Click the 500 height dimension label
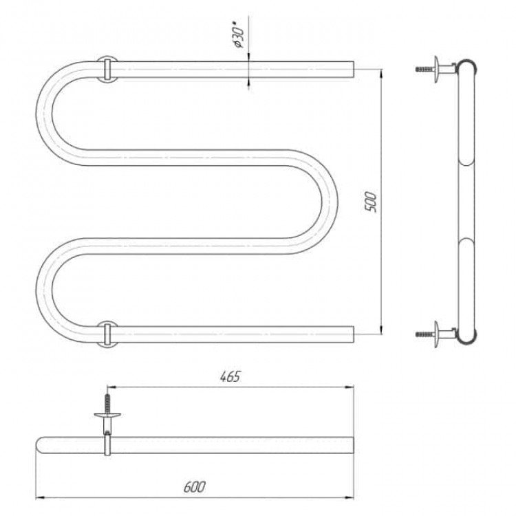pos(371,202)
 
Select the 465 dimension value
pos(230,376)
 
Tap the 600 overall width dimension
pos(194,487)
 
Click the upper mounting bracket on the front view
pos(107,69)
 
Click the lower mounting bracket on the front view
pos(107,334)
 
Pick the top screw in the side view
pos(425,69)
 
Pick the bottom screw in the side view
pos(425,334)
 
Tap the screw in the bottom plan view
pos(107,404)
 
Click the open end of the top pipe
pos(354,69)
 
